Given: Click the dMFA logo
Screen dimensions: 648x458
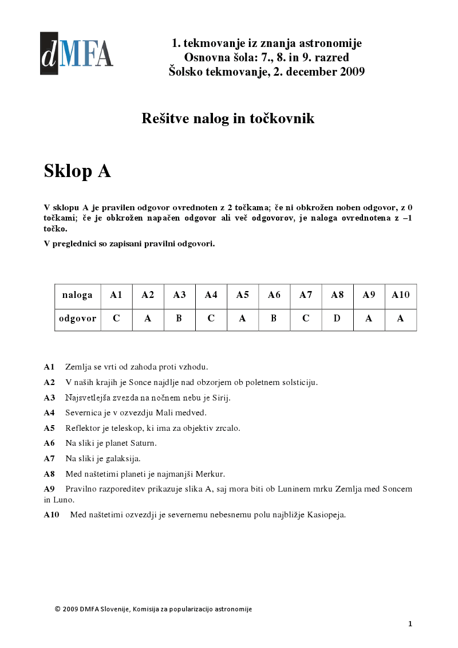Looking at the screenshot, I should (76, 53).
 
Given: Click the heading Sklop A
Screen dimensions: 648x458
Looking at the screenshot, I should (77, 171).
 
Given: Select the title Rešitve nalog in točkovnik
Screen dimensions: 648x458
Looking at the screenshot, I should (228, 119).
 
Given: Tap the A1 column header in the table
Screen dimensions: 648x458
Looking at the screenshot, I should (116, 295).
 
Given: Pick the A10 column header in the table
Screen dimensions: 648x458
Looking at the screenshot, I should (401, 295).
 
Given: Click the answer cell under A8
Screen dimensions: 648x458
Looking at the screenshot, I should (337, 319).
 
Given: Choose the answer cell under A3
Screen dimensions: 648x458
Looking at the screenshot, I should (179, 319).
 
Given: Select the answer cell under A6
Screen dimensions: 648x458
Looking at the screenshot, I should (274, 319).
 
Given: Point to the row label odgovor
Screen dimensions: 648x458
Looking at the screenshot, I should (78, 319).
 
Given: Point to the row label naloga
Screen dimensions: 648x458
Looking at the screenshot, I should (78, 295).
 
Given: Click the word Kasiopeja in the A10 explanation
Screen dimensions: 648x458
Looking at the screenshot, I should (326, 515).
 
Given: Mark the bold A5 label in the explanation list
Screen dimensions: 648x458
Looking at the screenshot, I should (49, 428).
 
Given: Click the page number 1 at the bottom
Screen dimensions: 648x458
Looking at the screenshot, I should (410, 623).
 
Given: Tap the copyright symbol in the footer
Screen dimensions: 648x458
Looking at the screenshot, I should (57, 609).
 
